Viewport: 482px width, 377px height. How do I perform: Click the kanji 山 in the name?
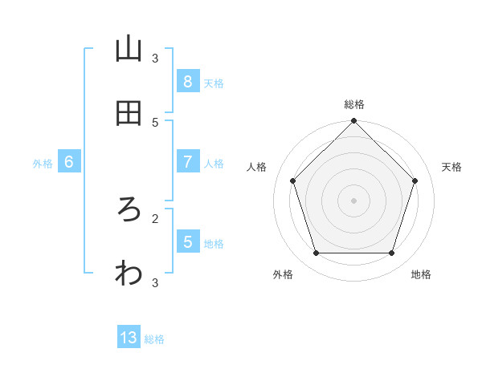tap(129, 50)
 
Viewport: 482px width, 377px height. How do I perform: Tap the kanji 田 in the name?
tap(129, 114)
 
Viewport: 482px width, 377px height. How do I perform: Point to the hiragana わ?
tap(129, 274)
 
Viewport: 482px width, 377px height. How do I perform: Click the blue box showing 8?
tap(187, 82)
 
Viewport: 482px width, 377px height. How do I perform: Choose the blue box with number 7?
tap(187, 162)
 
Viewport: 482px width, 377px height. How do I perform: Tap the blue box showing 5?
tap(187, 241)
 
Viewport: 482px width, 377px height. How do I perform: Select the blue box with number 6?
tap(69, 162)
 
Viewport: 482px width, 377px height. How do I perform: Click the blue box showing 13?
tap(129, 338)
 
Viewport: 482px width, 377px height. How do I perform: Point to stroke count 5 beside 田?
tap(155, 122)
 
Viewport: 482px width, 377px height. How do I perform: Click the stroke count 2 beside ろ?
tap(155, 217)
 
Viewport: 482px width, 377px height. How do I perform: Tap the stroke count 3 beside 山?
tap(155, 58)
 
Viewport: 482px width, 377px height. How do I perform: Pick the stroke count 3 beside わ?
tap(155, 282)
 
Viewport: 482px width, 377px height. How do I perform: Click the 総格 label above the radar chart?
tap(353, 104)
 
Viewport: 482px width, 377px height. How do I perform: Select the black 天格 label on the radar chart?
tap(451, 167)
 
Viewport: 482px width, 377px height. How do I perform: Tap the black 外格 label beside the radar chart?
tap(283, 274)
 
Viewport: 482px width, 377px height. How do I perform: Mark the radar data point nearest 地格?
tap(391, 253)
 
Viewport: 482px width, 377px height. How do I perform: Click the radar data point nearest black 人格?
tap(292, 180)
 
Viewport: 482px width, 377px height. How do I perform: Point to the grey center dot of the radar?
tap(353, 201)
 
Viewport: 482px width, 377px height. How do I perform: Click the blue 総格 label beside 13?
tap(154, 339)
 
